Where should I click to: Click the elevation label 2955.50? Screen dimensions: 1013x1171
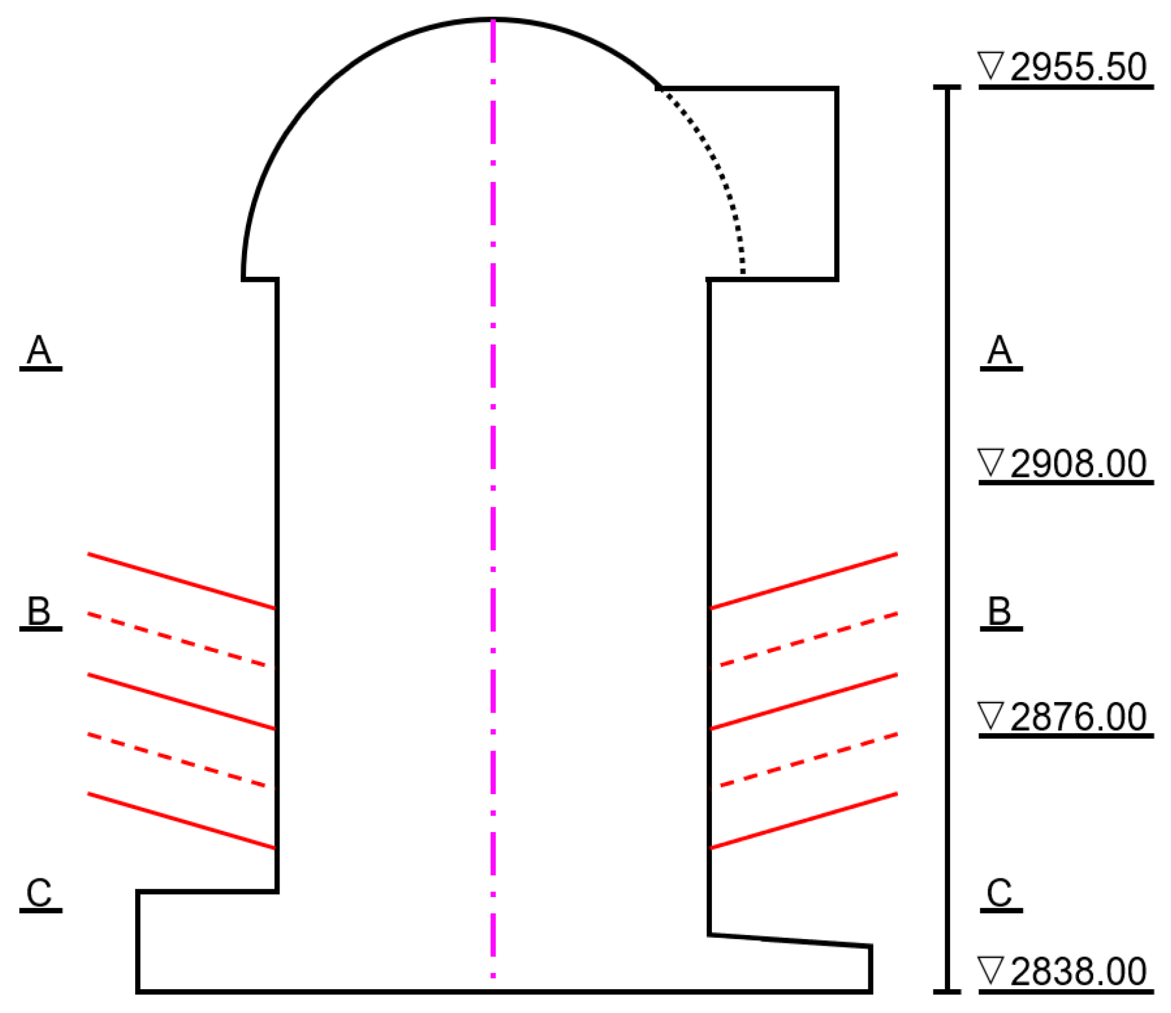[x=1078, y=67]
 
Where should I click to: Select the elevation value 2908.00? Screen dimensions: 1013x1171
[x=1078, y=463]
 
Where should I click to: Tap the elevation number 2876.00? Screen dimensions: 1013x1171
[x=1078, y=717]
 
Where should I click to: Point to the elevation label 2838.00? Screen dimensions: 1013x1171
[x=1078, y=972]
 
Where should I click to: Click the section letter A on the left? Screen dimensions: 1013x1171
[x=39, y=351]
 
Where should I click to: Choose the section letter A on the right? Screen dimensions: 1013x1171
[x=1000, y=351]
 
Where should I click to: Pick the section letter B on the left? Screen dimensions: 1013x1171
[x=39, y=611]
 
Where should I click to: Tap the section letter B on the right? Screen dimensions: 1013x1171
[x=1000, y=611]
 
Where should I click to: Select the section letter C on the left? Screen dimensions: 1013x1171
[x=39, y=893]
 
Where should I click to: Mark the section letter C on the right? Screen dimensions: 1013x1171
[x=1000, y=893]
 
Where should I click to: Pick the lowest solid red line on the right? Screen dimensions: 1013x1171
[x=805, y=821]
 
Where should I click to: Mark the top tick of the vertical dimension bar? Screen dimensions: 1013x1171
[x=947, y=87]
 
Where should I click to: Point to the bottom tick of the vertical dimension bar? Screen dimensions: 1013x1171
[x=947, y=991]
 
